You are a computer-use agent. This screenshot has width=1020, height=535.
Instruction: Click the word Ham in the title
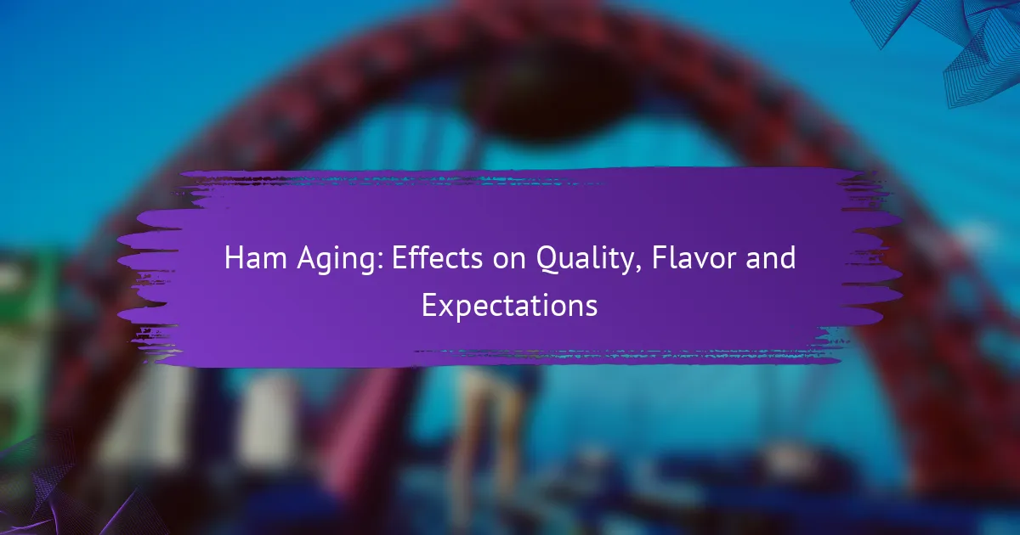pyautogui.click(x=255, y=258)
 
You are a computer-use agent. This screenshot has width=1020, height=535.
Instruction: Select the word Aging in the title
pyautogui.click(x=338, y=260)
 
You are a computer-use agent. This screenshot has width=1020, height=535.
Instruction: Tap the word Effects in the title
pyautogui.click(x=437, y=258)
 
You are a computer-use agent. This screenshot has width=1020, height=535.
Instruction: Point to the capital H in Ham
pyautogui.click(x=234, y=258)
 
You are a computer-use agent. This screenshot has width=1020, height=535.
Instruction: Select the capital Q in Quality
pyautogui.click(x=547, y=260)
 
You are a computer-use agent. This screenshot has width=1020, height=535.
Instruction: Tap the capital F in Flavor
pyautogui.click(x=660, y=258)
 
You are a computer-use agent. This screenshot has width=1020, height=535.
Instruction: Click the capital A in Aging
pyautogui.click(x=308, y=258)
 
